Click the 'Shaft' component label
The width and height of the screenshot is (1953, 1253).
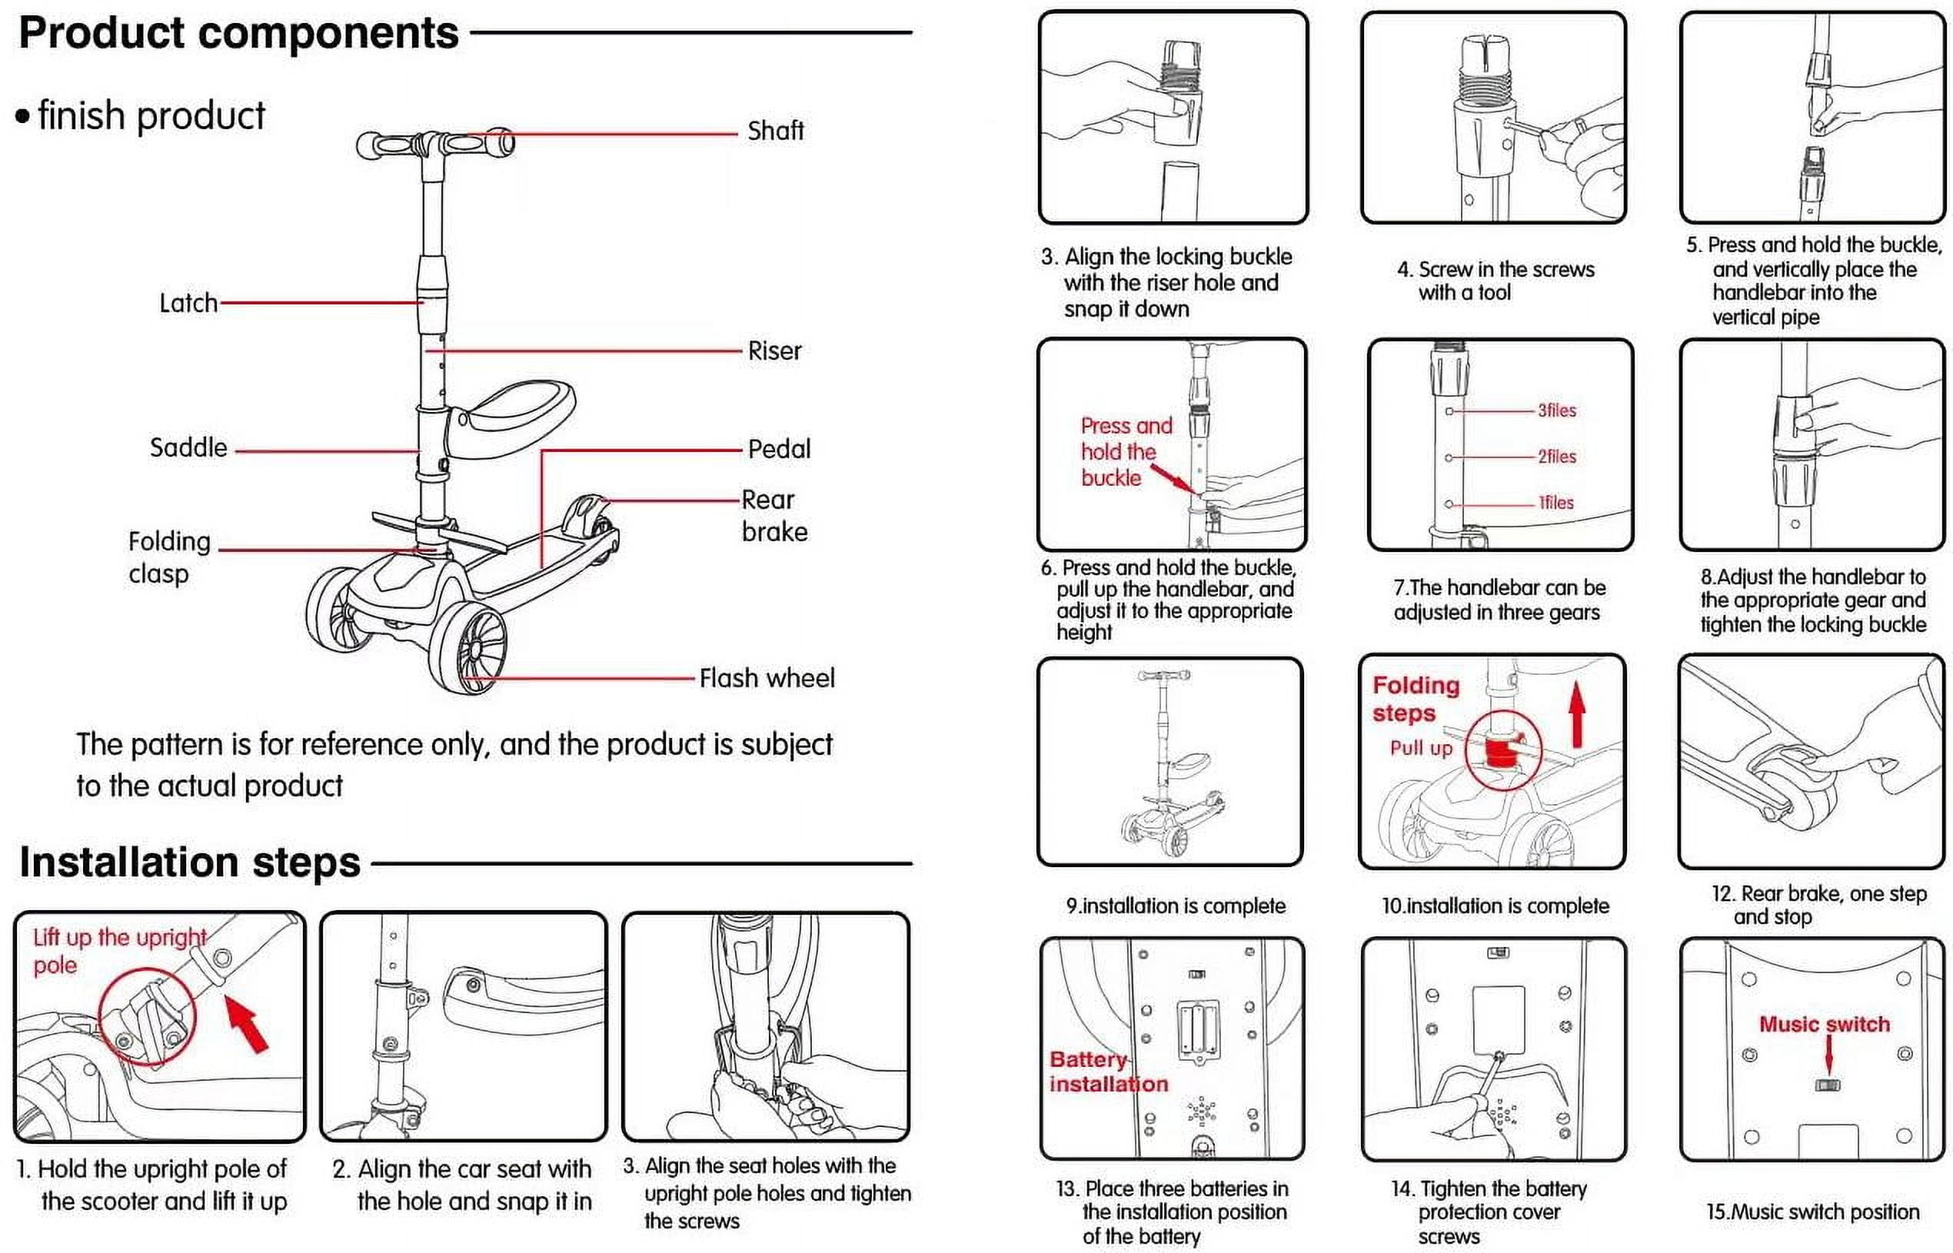click(775, 130)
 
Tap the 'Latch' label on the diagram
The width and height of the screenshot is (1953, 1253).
click(188, 304)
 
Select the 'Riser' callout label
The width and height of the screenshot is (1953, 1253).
click(774, 351)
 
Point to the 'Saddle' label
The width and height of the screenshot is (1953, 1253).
click(188, 447)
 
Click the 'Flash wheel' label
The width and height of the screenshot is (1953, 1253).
click(767, 678)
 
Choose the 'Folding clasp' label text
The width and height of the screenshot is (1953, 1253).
click(168, 557)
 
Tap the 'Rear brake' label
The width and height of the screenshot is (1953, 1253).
click(774, 516)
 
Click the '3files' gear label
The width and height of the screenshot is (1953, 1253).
click(1556, 411)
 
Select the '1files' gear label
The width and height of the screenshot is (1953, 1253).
click(1555, 503)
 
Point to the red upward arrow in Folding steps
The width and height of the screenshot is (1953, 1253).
click(1576, 714)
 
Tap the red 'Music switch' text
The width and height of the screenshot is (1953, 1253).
click(1824, 1025)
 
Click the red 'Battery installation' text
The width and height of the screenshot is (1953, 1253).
click(1107, 1072)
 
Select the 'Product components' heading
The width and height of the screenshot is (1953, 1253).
click(238, 33)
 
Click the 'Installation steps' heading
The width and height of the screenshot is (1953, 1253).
click(190, 862)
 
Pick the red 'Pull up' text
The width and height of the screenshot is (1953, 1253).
click(1420, 748)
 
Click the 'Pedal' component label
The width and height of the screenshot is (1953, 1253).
click(779, 449)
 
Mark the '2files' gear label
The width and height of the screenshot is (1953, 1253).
click(1556, 457)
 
